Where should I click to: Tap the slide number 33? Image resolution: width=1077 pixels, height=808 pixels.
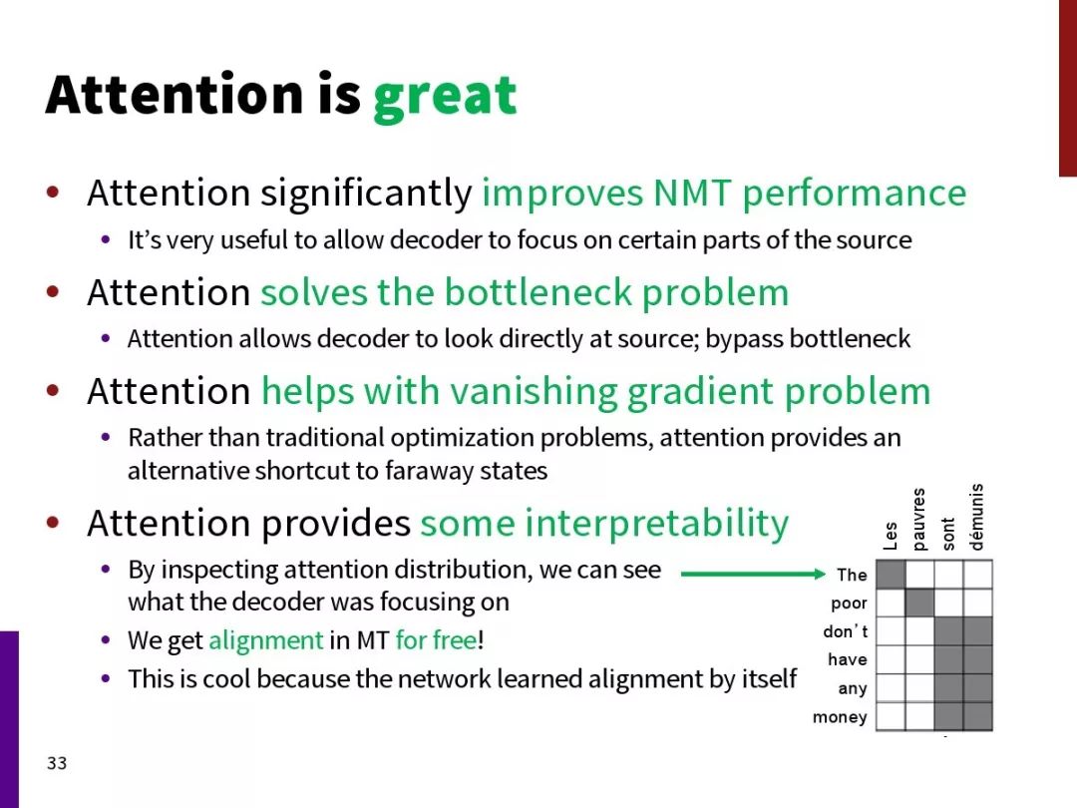click(x=57, y=763)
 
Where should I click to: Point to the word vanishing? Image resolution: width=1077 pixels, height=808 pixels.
click(x=533, y=392)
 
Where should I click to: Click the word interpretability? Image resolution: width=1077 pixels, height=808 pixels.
click(x=657, y=524)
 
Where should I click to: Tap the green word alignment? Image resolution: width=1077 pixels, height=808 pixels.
click(x=266, y=640)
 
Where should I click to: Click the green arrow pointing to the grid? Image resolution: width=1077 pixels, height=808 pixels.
click(x=753, y=574)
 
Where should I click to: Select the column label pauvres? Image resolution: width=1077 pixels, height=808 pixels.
click(x=918, y=520)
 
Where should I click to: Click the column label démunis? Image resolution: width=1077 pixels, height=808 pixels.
click(x=976, y=517)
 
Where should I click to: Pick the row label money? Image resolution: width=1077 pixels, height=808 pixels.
click(x=840, y=717)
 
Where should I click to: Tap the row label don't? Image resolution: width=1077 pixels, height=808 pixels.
click(x=845, y=630)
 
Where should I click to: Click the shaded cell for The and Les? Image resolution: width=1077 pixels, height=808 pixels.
click(x=891, y=575)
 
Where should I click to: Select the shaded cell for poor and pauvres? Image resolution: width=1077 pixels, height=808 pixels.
click(x=919, y=604)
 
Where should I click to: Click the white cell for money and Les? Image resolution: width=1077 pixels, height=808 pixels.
click(x=891, y=716)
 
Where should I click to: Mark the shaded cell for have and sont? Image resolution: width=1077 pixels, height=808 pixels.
click(x=948, y=659)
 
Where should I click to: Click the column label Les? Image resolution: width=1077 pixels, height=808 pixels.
click(x=891, y=536)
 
